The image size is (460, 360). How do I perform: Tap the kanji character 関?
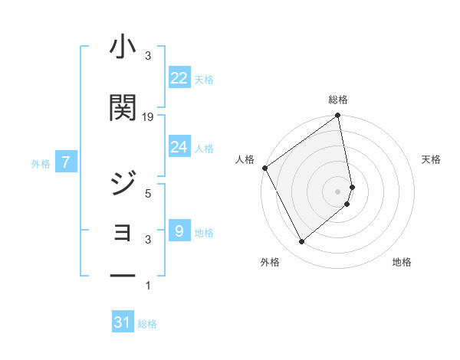click(123, 108)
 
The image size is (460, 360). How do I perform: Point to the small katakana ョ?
click(123, 231)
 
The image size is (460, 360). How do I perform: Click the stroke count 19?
click(148, 117)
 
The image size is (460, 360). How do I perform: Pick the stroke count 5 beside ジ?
click(148, 194)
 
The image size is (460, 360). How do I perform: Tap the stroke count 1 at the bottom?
click(148, 286)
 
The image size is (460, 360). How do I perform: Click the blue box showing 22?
click(179, 77)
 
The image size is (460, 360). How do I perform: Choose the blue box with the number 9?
click(179, 231)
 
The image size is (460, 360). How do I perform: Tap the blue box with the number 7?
click(67, 162)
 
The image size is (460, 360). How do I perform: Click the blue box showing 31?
click(123, 322)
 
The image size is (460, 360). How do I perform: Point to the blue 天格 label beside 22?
click(204, 79)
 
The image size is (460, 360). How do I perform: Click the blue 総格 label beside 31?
click(147, 324)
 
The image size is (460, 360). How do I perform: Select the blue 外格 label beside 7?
click(41, 163)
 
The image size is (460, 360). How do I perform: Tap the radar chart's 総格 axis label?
click(338, 100)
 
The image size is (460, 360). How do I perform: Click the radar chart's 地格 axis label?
click(402, 262)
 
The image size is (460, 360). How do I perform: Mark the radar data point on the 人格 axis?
click(264, 168)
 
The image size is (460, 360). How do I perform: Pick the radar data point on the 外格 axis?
click(301, 242)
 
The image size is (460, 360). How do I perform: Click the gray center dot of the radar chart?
click(338, 191)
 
